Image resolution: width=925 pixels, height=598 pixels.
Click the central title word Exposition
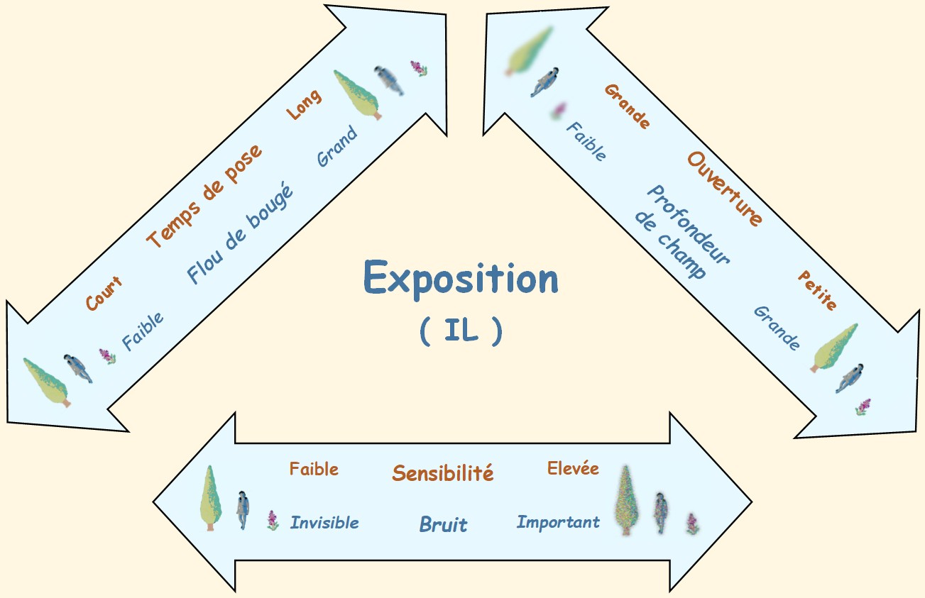[461, 279]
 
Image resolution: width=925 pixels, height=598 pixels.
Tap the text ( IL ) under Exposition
[461, 331]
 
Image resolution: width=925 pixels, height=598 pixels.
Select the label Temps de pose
[204, 195]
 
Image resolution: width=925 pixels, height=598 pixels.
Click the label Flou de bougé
[240, 233]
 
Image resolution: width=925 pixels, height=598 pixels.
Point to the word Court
[104, 294]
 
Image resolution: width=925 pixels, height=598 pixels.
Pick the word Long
[303, 104]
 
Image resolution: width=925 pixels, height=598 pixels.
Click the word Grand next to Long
[337, 145]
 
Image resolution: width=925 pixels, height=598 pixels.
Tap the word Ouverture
[724, 189]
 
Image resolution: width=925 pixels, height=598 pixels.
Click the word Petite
[817, 289]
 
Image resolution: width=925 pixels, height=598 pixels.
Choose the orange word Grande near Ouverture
[627, 106]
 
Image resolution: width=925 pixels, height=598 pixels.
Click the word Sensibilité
[443, 473]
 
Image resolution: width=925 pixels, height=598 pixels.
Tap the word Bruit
[443, 525]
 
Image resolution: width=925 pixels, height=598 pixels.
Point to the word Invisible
[324, 523]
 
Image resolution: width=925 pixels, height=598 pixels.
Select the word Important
[558, 523]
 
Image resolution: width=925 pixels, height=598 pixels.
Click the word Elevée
[573, 468]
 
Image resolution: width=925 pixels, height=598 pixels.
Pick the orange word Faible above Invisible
[314, 469]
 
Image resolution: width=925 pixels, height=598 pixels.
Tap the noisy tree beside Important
[625, 501]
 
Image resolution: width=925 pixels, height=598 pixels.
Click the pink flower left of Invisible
[273, 520]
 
